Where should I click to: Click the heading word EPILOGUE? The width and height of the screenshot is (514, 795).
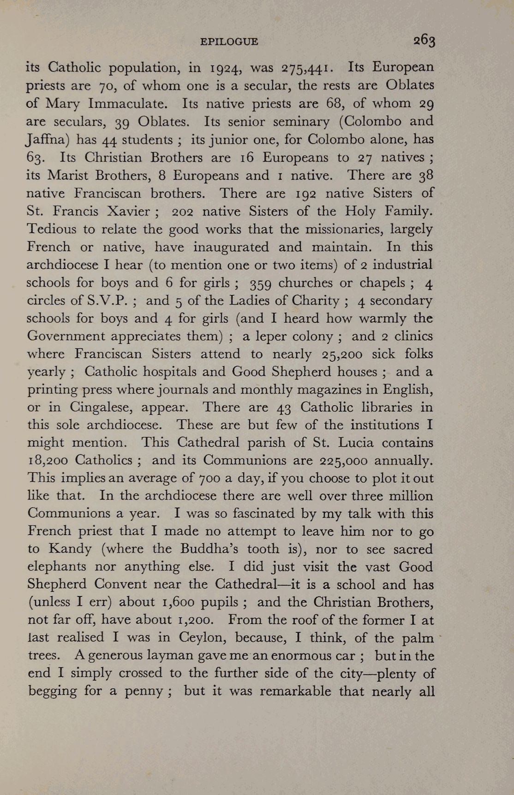pos(229,41)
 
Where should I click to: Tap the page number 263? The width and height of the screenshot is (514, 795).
pos(424,41)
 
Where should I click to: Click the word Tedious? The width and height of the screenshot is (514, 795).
pos(52,229)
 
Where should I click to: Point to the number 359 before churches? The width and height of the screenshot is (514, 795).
pos(262,283)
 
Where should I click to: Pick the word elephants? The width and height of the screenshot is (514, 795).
pos(57,567)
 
